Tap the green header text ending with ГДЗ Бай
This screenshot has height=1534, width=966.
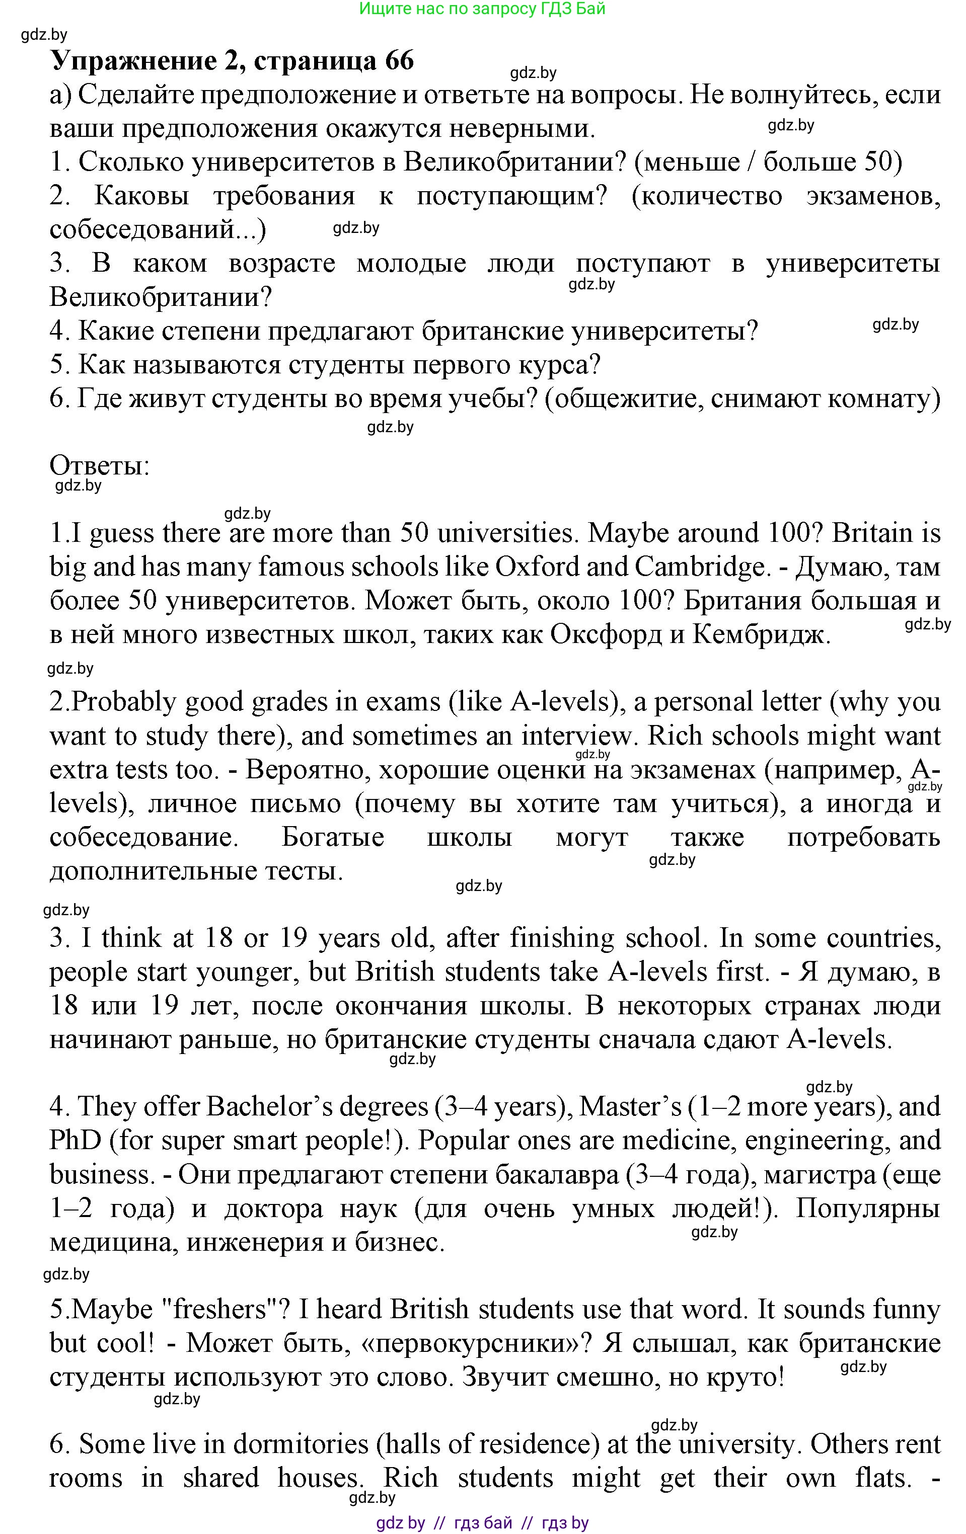pyautogui.click(x=482, y=9)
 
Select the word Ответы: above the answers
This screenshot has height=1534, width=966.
pyautogui.click(x=99, y=466)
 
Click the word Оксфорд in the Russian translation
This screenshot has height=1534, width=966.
pyautogui.click(x=606, y=634)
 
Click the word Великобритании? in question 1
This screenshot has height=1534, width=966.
pyautogui.click(x=515, y=162)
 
